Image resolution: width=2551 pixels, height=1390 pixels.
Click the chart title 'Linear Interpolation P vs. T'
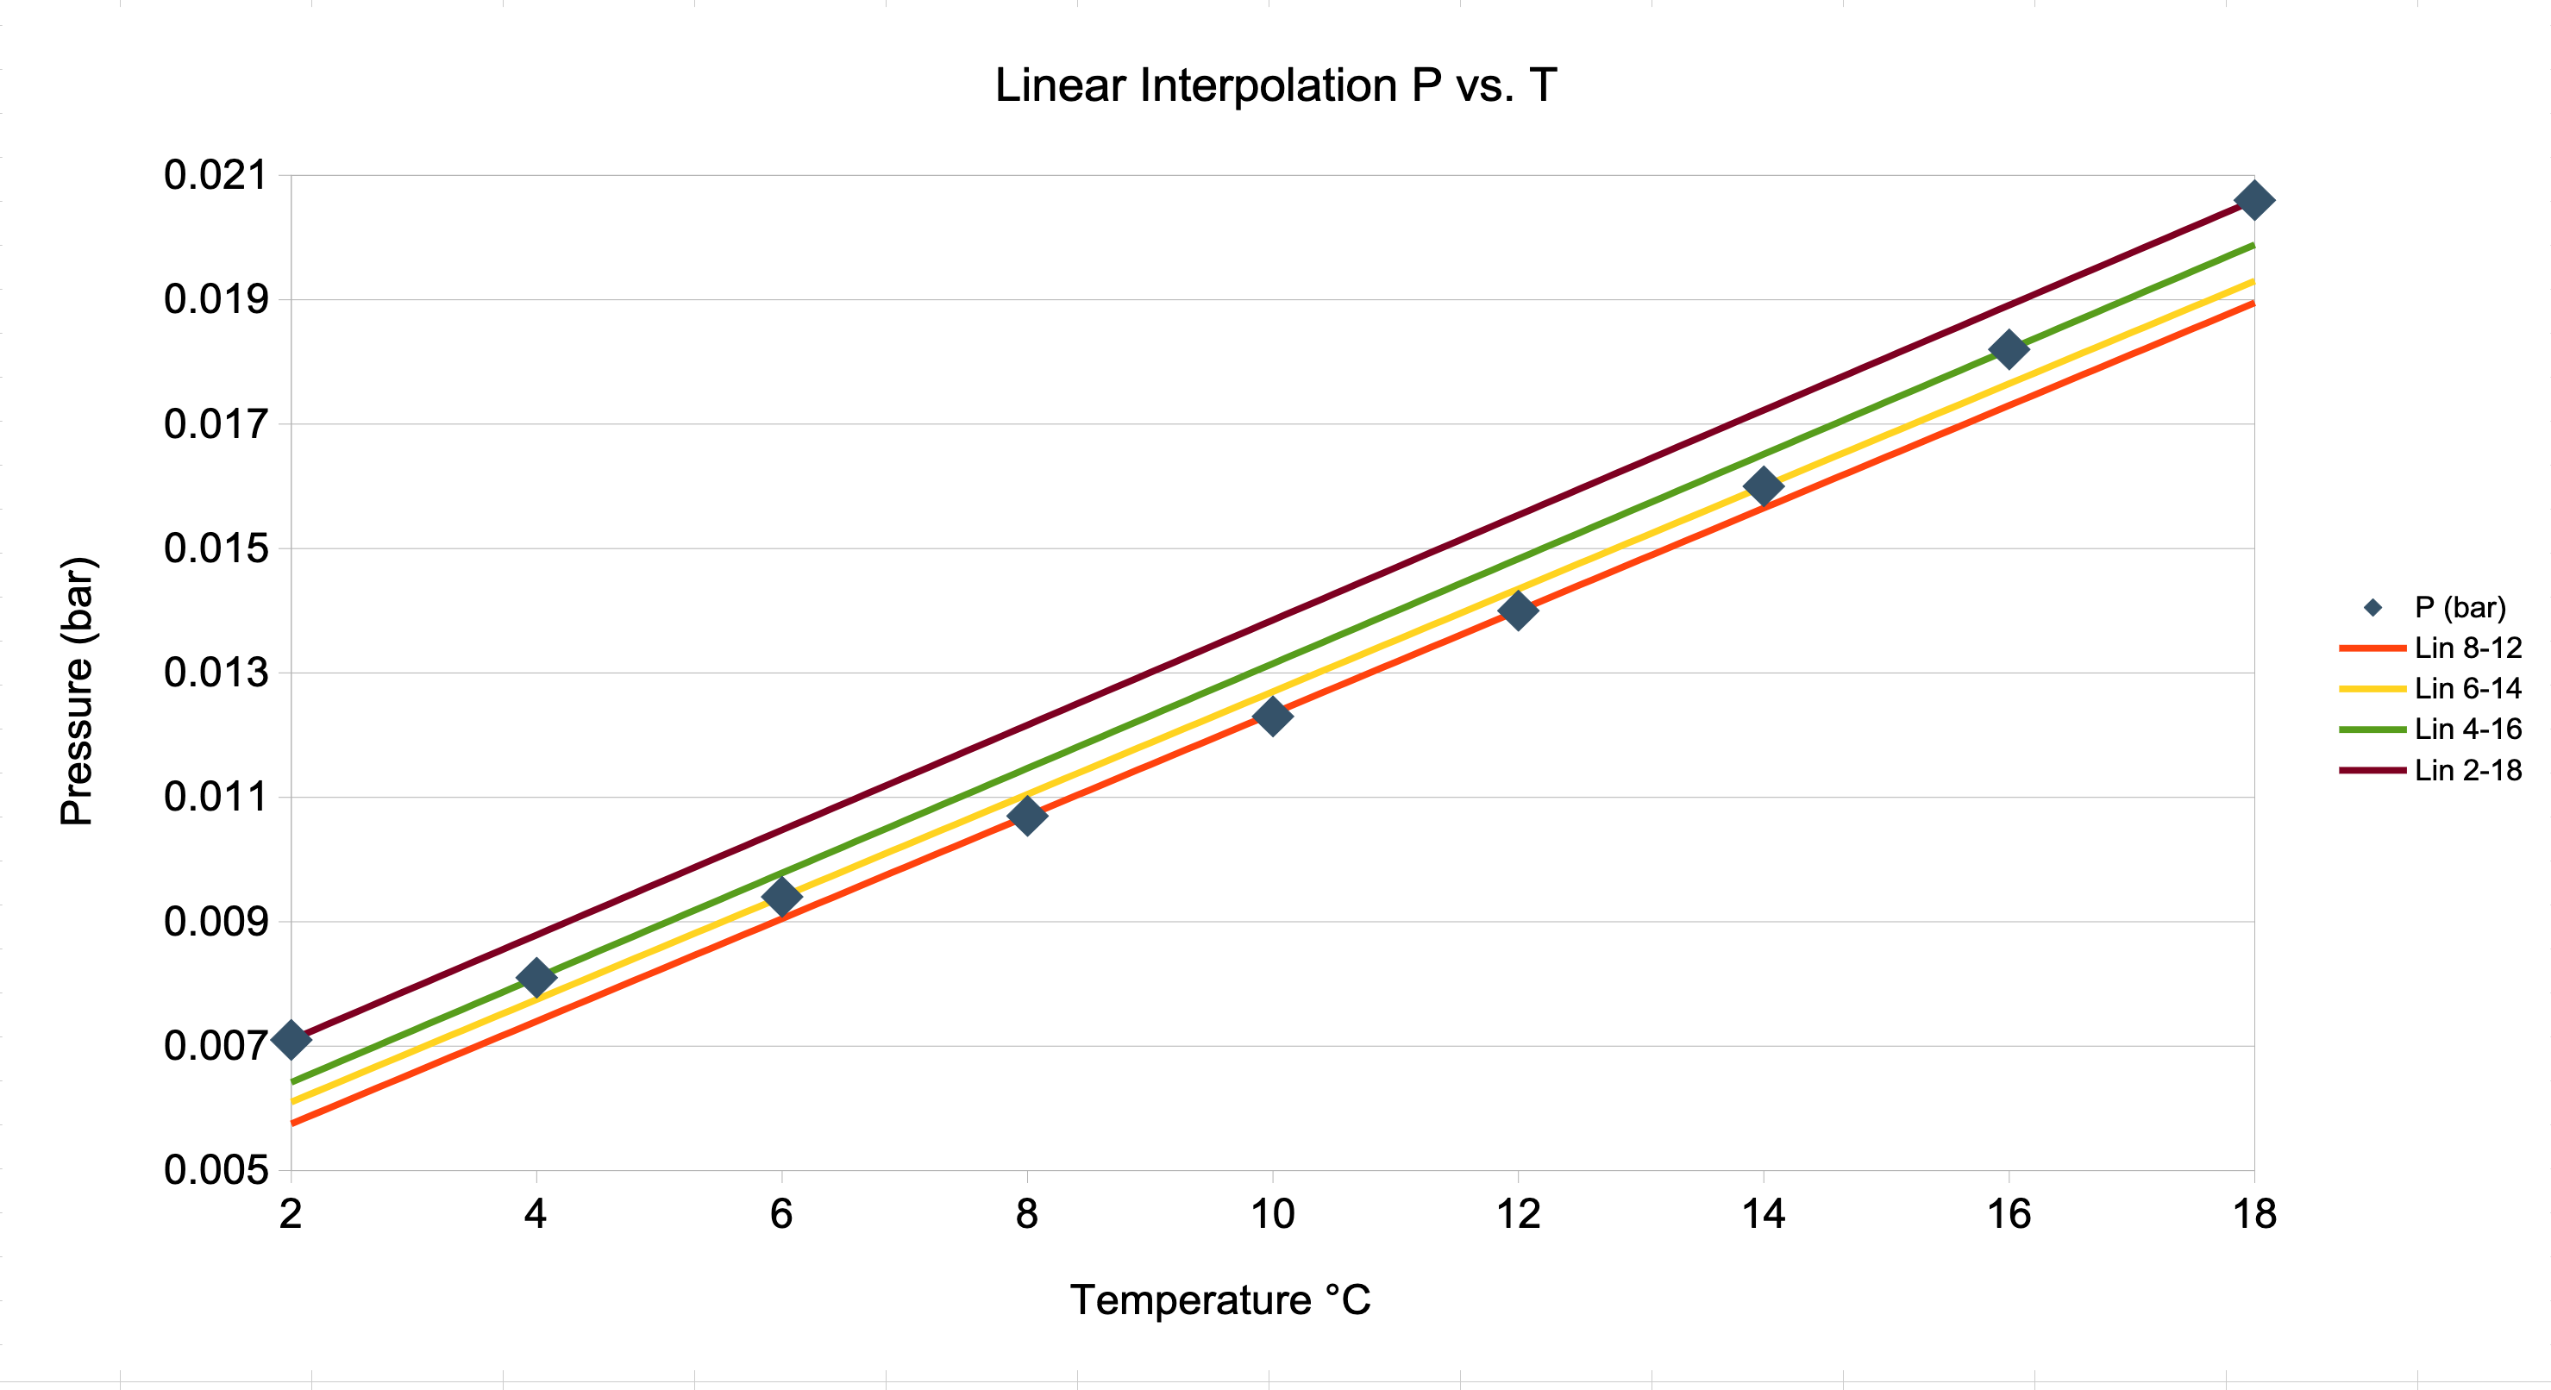click(x=1275, y=86)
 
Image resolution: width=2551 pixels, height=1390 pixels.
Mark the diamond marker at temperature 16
click(x=2009, y=349)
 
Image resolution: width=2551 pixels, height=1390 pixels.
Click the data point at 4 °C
click(x=536, y=977)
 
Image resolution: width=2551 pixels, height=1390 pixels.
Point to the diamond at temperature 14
click(x=1763, y=486)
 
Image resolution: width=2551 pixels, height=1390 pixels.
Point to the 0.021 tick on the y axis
click(x=216, y=175)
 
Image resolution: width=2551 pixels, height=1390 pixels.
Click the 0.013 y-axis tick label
click(x=216, y=673)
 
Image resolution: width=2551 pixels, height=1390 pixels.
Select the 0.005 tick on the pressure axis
click(x=216, y=1170)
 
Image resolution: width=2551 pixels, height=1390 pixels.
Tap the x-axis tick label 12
click(x=1517, y=1215)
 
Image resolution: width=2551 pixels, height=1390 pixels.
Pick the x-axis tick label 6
click(x=781, y=1215)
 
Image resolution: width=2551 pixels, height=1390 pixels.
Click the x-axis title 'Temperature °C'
click(x=1220, y=1300)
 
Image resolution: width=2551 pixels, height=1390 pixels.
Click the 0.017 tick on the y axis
click(x=216, y=425)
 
